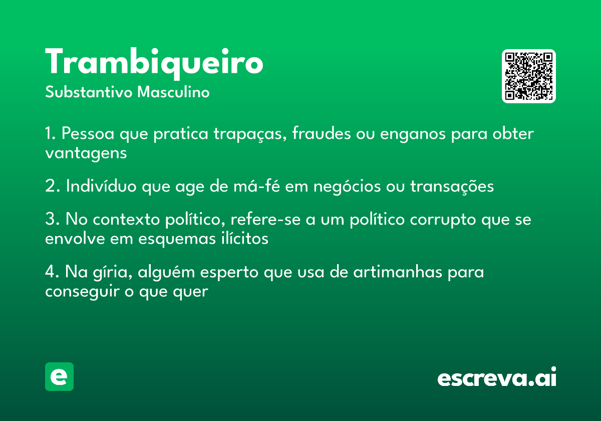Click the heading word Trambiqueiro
pyautogui.click(x=154, y=63)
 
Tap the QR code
pyautogui.click(x=528, y=76)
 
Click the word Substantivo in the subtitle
pyautogui.click(x=89, y=92)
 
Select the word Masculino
pyautogui.click(x=173, y=92)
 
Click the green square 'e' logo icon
pyautogui.click(x=59, y=376)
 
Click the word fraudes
pyautogui.click(x=321, y=133)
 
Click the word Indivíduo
pyautogui.click(x=101, y=186)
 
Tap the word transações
pyautogui.click(x=452, y=186)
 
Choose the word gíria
pyautogui.click(x=112, y=273)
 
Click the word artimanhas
pyautogui.click(x=398, y=272)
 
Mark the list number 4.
pyautogui.click(x=52, y=272)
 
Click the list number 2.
pyautogui.click(x=52, y=186)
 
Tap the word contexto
pyautogui.click(x=126, y=220)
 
